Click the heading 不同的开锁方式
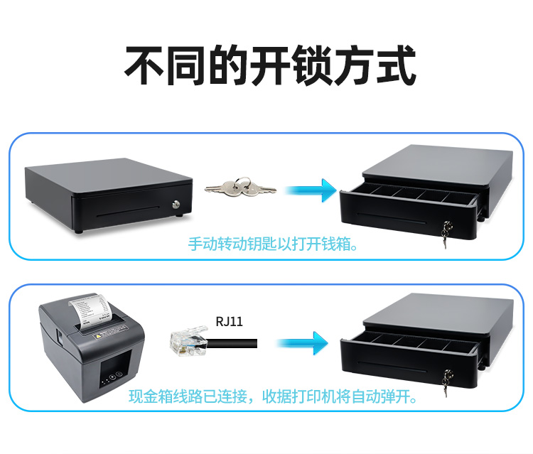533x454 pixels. click(x=271, y=65)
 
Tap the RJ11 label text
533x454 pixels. click(x=230, y=321)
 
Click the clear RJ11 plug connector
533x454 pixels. click(x=188, y=342)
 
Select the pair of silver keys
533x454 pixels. click(x=240, y=188)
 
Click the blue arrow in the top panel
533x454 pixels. click(x=311, y=190)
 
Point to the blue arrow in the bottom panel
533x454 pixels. click(x=302, y=343)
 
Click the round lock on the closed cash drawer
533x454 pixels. click(x=176, y=204)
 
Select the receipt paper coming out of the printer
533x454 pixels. click(x=91, y=310)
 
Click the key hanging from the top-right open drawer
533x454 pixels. click(x=446, y=234)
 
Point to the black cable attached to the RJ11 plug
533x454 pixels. click(x=232, y=344)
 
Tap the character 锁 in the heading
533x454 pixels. click(x=312, y=65)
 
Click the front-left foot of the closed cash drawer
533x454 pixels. click(x=78, y=232)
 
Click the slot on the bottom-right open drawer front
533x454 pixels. click(x=392, y=367)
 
